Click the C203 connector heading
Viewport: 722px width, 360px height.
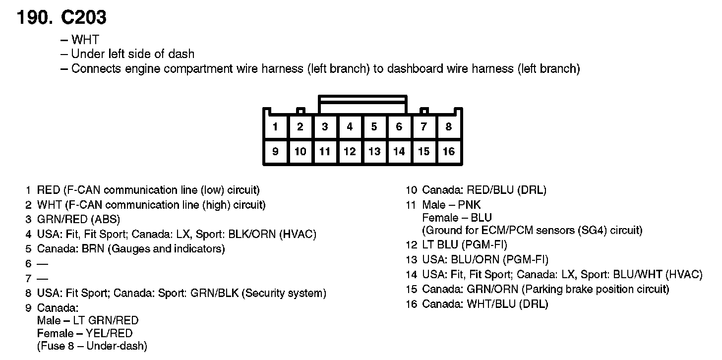83,18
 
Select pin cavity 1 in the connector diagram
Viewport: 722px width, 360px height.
275,126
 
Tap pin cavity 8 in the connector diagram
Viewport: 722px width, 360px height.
449,126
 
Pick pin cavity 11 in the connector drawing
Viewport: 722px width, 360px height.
325,151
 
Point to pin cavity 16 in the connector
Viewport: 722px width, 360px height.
449,151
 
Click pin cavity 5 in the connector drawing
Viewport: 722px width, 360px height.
374,126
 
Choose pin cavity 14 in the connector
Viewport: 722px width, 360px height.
399,151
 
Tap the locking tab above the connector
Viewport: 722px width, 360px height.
362,105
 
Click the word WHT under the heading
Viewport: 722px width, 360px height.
85,40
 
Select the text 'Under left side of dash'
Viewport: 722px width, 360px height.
133,54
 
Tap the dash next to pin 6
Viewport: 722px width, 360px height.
43,264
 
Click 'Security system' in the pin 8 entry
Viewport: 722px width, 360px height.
284,293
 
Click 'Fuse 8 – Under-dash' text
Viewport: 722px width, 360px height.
92,346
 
